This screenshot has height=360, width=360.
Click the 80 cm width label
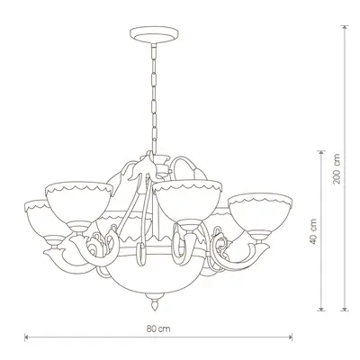[x=158, y=328]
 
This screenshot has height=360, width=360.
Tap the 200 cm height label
[x=337, y=169]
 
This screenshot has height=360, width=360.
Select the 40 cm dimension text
[x=313, y=231]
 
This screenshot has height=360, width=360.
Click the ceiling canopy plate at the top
[x=154, y=34]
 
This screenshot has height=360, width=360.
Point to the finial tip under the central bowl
[x=155, y=309]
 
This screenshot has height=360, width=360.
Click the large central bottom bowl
[x=155, y=276]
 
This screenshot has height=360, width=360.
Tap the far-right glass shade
[x=260, y=211]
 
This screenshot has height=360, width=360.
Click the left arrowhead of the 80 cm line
[x=26, y=337]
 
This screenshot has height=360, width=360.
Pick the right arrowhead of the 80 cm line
[x=290, y=337]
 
